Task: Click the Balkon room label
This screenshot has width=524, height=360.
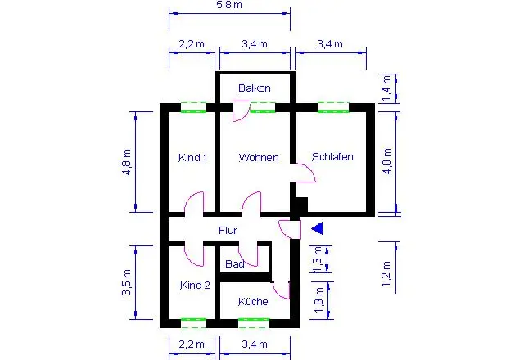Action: (255, 88)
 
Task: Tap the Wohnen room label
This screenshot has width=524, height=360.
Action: (259, 157)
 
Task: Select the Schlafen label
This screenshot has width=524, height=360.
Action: (332, 156)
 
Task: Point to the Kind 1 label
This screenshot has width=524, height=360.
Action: (193, 157)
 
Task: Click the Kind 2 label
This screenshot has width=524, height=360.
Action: (195, 286)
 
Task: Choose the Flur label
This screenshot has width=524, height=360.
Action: (228, 231)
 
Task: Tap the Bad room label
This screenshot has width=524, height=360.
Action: (235, 264)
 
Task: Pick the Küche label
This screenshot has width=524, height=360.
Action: (253, 302)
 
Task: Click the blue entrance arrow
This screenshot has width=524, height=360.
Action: (317, 228)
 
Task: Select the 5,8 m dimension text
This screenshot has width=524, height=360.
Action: (229, 5)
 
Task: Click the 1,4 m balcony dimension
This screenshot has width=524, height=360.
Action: (386, 88)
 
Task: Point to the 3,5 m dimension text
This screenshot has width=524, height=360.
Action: (126, 282)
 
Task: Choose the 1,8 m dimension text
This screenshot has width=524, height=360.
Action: (318, 300)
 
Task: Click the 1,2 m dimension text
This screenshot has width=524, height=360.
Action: (386, 274)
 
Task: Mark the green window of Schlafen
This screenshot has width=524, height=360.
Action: (333, 107)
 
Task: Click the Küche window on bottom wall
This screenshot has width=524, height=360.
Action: (254, 323)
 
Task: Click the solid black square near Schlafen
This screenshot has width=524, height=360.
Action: (302, 205)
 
